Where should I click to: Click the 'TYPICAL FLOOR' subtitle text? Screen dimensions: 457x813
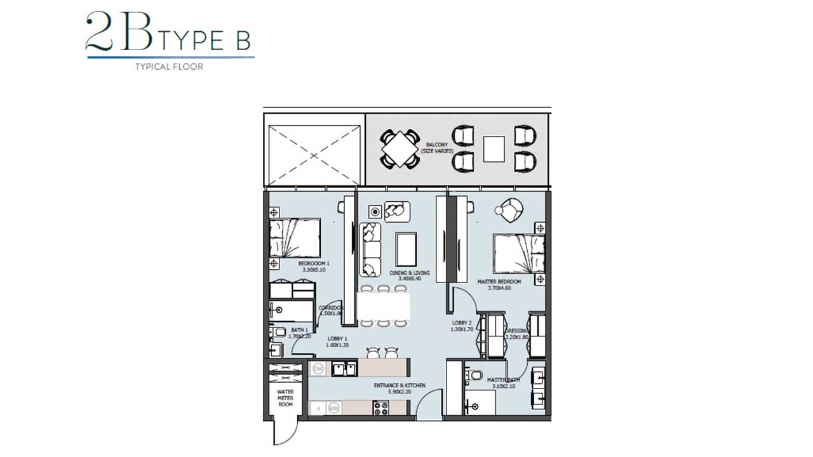tap(169, 67)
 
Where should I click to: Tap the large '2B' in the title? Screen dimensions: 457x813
tap(119, 32)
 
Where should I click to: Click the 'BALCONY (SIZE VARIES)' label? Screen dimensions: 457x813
tap(437, 148)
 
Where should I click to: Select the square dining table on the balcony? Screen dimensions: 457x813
tap(400, 149)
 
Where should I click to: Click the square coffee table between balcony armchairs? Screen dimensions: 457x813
tap(494, 149)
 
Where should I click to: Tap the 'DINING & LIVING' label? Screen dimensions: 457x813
tap(410, 276)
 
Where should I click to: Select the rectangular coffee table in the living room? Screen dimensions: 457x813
tap(406, 249)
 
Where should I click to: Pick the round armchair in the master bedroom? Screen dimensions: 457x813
tap(510, 211)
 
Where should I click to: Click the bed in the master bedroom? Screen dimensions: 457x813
tap(518, 254)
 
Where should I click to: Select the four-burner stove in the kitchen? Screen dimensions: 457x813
tap(380, 408)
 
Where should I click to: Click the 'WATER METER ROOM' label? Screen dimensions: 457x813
tap(285, 398)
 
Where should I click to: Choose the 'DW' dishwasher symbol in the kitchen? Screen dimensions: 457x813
tap(318, 368)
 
